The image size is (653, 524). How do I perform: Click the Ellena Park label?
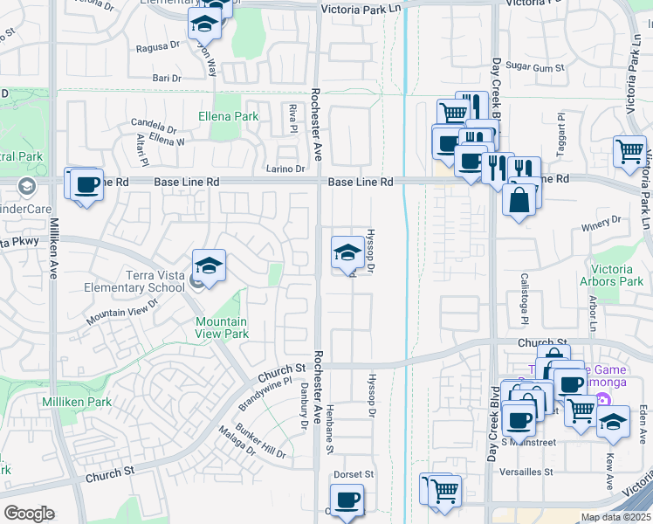tap(229, 116)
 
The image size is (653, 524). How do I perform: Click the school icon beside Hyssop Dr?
tap(347, 253)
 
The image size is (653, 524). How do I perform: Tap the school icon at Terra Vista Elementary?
tap(210, 265)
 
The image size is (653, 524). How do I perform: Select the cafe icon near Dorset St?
tap(347, 500)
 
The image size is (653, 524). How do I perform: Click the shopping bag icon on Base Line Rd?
tap(519, 200)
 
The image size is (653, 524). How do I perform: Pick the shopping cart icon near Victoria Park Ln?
tap(629, 152)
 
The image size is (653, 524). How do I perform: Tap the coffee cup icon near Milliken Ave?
tap(86, 185)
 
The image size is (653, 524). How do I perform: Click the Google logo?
tap(29, 514)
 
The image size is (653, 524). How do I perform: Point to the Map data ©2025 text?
tap(615, 517)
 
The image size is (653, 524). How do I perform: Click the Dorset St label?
tap(354, 475)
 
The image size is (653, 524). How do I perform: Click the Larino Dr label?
tap(286, 169)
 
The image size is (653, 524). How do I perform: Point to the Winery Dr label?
tap(601, 220)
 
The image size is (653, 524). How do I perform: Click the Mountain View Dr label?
tap(122, 312)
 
